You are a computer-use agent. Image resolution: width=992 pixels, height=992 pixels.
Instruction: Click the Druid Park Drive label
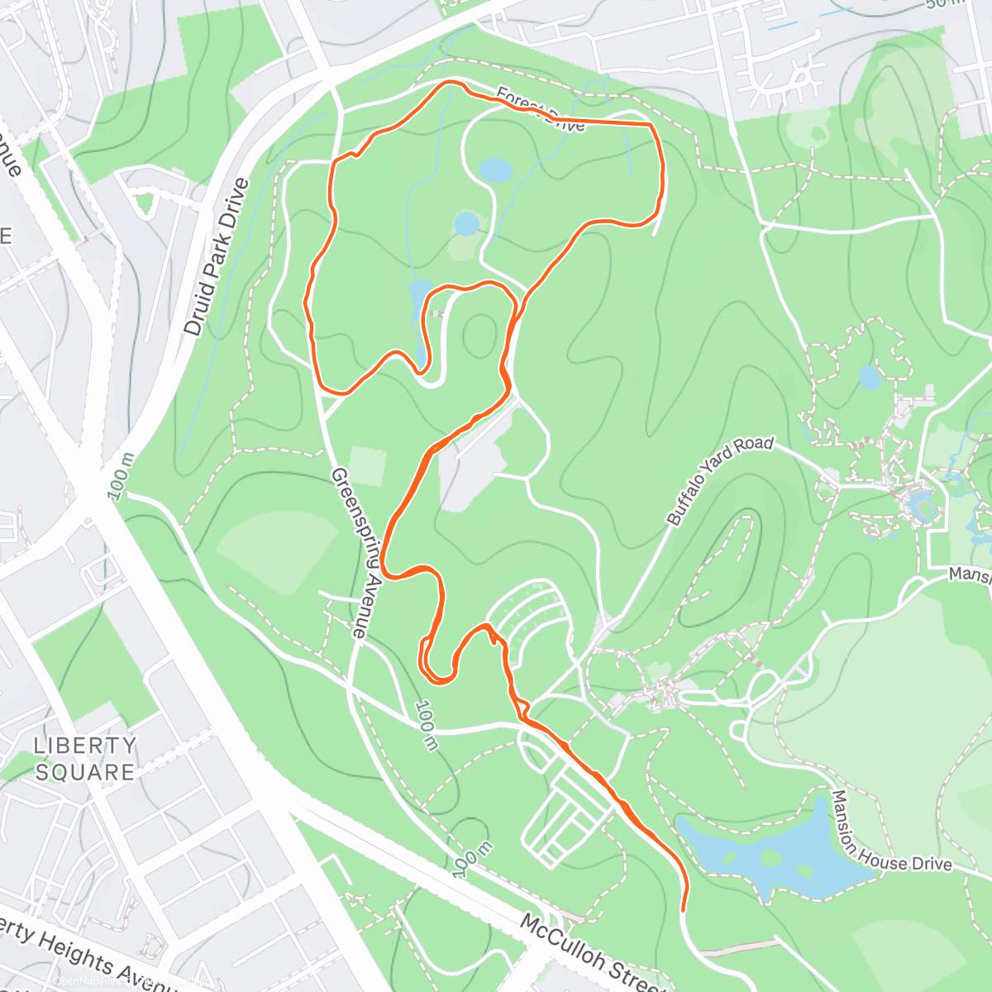coord(216,257)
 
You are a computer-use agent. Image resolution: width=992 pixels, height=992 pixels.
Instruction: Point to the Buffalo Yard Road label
coord(719,480)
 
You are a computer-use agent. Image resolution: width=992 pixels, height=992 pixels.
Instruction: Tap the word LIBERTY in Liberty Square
coord(85,745)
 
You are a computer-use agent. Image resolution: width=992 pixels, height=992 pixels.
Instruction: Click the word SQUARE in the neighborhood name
coord(85,772)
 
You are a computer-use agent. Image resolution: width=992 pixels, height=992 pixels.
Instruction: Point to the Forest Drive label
coord(541,111)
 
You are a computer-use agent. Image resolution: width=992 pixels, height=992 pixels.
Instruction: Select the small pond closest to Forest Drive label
coord(496,170)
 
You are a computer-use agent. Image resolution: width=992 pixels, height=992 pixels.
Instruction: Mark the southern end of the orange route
coord(684,909)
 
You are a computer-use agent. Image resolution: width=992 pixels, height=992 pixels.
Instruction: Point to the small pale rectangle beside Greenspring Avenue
coord(367,465)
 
